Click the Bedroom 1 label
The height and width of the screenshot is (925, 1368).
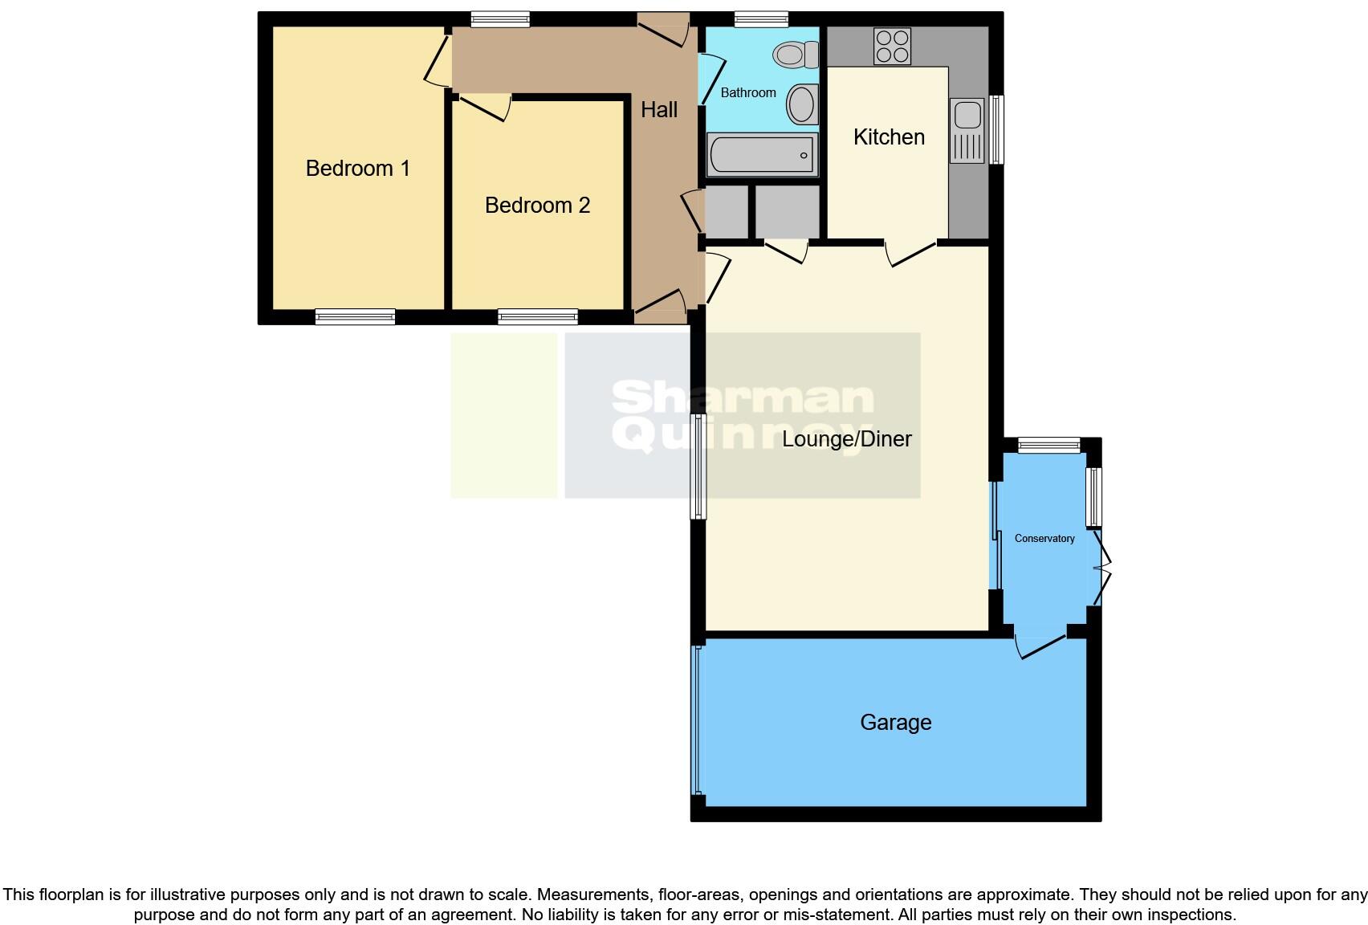click(357, 169)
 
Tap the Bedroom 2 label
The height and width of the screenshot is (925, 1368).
click(537, 206)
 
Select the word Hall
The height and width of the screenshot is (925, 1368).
click(659, 110)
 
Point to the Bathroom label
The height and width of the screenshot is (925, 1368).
click(748, 93)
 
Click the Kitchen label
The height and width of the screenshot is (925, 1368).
click(889, 137)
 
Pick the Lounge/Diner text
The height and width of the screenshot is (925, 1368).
click(847, 439)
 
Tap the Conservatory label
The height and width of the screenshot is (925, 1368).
click(1044, 539)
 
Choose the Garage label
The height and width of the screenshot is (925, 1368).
click(895, 723)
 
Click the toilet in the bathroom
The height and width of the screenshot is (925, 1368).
click(795, 55)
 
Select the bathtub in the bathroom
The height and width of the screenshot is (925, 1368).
click(761, 155)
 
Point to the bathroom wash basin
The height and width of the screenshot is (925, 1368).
click(801, 104)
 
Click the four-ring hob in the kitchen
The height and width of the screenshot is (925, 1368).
click(892, 46)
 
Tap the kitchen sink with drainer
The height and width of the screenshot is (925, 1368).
click(967, 130)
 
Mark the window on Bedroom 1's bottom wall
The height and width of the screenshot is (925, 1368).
click(355, 317)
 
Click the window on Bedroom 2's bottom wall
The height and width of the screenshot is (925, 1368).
click(538, 317)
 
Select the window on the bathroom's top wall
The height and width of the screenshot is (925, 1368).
click(761, 19)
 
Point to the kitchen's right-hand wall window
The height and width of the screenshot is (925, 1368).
click(996, 129)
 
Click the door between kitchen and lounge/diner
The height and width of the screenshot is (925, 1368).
click(911, 252)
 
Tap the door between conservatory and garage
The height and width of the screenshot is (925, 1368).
click(1042, 645)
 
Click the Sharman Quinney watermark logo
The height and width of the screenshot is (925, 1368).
click(743, 416)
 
